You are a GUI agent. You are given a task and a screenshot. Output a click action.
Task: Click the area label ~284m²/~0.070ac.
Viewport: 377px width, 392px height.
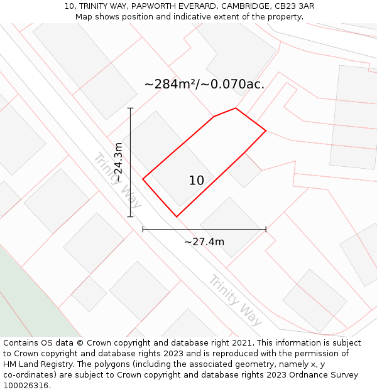pos(204,84)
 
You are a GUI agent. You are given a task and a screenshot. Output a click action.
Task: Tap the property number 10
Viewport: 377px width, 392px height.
pos(197,181)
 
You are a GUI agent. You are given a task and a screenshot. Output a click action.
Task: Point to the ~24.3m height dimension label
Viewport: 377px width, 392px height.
pos(119,162)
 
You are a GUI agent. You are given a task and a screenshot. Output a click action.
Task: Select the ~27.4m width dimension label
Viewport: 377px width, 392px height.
pos(204,242)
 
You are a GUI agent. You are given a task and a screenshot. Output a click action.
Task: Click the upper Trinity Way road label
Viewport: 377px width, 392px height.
pos(117,180)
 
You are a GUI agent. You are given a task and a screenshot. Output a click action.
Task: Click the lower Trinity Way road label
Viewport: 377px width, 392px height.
pos(235,300)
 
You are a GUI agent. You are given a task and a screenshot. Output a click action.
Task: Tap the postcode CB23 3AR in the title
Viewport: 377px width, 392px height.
pos(293,6)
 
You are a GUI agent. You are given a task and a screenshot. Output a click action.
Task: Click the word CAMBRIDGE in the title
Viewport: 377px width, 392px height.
pos(242,6)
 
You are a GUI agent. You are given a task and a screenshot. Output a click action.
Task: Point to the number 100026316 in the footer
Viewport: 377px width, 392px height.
pos(26,386)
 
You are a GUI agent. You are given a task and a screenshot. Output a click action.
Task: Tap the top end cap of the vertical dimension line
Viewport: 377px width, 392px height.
pos(131,108)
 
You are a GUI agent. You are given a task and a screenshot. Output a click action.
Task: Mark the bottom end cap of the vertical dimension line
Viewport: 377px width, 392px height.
pos(131,217)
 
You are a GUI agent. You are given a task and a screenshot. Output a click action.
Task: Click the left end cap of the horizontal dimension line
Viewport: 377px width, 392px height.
pos(143,230)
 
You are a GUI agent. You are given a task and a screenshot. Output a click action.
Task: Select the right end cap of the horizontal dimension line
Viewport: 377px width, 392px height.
pos(266,230)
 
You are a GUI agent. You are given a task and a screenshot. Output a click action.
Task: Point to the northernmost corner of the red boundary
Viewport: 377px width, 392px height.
pos(236,108)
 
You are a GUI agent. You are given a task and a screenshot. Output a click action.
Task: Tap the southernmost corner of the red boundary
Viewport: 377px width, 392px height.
pos(177,217)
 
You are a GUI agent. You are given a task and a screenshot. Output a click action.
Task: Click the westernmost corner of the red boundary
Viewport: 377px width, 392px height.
pos(143,179)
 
